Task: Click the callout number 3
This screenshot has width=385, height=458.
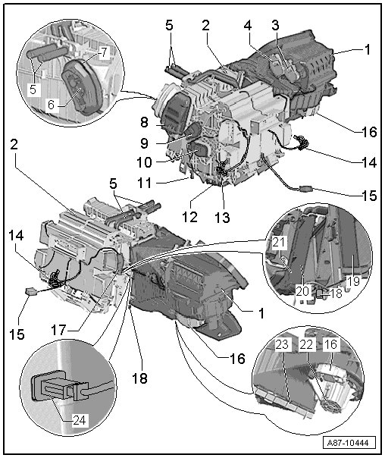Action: pyautogui.click(x=275, y=26)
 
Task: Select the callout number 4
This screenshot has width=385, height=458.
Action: pyautogui.click(x=248, y=26)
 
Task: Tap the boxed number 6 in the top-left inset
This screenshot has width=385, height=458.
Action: pyautogui.click(x=52, y=105)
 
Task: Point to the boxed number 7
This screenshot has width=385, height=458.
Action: pyautogui.click(x=104, y=53)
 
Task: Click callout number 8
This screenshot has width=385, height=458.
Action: pyautogui.click(x=144, y=122)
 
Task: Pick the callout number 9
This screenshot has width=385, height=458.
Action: pyautogui.click(x=144, y=143)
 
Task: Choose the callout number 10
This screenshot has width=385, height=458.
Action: pyautogui.click(x=145, y=163)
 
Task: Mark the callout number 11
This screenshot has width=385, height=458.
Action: pyautogui.click(x=145, y=184)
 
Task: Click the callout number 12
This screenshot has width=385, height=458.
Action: pyautogui.click(x=190, y=217)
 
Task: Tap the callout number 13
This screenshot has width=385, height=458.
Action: pyautogui.click(x=222, y=218)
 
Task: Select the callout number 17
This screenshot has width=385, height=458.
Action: pyautogui.click(x=58, y=330)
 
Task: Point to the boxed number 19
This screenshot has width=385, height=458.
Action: pyautogui.click(x=353, y=281)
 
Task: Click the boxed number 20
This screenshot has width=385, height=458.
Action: pyautogui.click(x=302, y=291)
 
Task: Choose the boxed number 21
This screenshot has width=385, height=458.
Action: pyautogui.click(x=280, y=242)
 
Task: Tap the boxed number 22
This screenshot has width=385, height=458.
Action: pyautogui.click(x=306, y=345)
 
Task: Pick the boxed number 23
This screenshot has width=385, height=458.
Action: pyautogui.click(x=282, y=345)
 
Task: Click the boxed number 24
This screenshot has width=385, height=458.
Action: pyautogui.click(x=80, y=421)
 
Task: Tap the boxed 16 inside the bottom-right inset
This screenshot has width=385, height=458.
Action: pyautogui.click(x=330, y=345)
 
